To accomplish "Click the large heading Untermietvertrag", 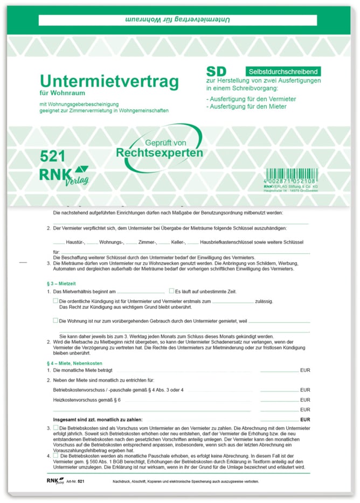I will (x=109, y=81).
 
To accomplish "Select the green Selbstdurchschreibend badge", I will (x=283, y=71).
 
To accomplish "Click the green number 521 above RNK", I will (x=53, y=156).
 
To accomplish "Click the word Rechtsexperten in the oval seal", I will (x=160, y=153).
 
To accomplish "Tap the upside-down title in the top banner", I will (x=178, y=20).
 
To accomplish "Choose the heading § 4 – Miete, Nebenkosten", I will (x=74, y=363).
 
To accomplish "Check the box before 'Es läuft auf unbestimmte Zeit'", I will (x=171, y=291).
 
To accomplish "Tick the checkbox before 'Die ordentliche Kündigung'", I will (x=56, y=301).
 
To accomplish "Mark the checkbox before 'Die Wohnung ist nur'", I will (x=56, y=320).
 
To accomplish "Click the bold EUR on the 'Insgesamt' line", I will (x=305, y=419).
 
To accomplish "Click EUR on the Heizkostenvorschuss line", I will (x=305, y=400).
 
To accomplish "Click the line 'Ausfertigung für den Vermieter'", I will (x=250, y=99).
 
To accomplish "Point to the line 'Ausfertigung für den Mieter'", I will (x=246, y=107).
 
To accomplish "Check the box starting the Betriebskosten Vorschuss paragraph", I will (x=56, y=428).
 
